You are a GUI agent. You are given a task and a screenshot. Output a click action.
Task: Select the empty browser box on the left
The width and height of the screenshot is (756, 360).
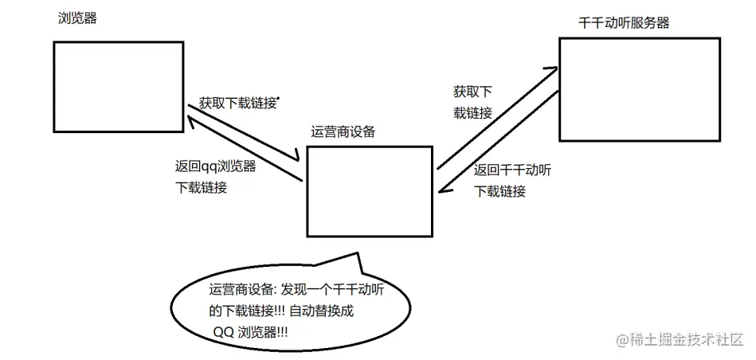[x=119, y=87]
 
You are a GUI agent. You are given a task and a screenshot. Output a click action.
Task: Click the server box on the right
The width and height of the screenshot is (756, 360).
[x=639, y=89]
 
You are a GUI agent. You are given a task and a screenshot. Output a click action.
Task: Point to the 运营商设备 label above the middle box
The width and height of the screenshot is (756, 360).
[x=343, y=131]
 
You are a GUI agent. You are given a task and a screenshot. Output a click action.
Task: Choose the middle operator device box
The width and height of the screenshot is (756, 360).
[x=370, y=190]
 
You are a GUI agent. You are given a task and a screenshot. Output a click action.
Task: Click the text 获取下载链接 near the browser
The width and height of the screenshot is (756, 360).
[x=238, y=103]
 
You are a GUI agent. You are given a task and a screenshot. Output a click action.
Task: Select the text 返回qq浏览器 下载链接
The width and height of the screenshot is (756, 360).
[x=216, y=178]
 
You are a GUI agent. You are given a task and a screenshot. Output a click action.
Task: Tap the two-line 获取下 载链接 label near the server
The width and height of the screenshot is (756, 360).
[x=472, y=103]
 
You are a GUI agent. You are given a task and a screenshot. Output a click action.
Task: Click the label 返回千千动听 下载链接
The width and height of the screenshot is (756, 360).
[x=512, y=180]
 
